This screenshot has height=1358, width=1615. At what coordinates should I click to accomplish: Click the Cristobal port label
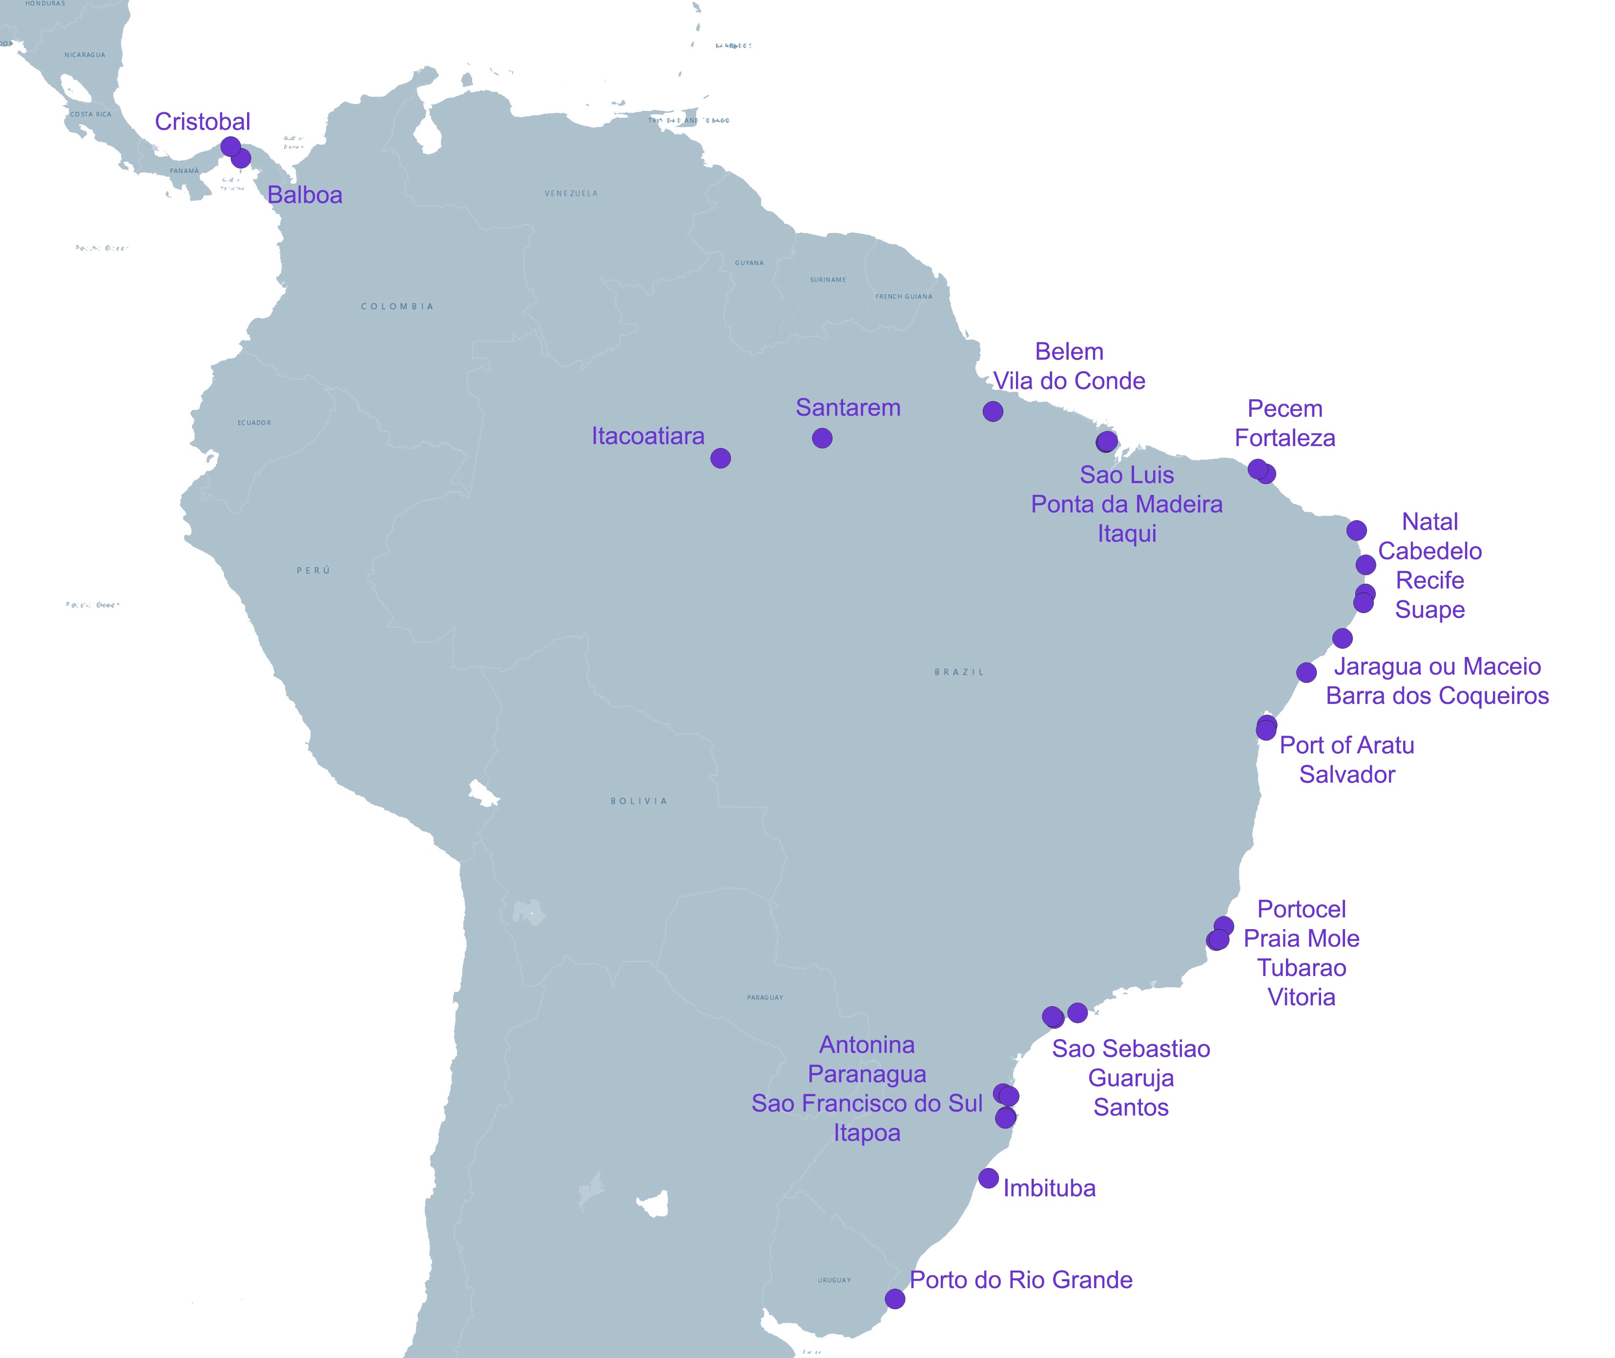click(202, 122)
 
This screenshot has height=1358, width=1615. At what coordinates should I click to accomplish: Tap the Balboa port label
click(305, 195)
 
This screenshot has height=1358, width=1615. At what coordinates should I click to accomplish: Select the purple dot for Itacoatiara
click(720, 459)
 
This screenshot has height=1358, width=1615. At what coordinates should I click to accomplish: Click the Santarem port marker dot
click(822, 439)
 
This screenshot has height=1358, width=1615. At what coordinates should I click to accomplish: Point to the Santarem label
click(848, 407)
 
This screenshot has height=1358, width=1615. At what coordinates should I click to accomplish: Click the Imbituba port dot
click(989, 1178)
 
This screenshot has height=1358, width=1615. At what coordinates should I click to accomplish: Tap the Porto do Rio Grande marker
click(895, 1299)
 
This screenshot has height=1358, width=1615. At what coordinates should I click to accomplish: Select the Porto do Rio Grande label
click(1021, 1279)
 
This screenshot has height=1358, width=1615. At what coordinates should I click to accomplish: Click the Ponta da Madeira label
click(1126, 504)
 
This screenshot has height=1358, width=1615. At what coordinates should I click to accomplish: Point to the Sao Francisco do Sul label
click(867, 1103)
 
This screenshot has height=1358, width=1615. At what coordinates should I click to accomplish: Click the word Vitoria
click(1301, 997)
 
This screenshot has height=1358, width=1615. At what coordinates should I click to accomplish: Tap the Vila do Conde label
click(1069, 381)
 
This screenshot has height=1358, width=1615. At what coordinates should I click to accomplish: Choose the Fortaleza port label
click(1285, 438)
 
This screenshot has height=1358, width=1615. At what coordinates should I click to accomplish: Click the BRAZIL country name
click(959, 672)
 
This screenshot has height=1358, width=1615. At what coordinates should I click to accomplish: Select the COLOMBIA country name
click(397, 306)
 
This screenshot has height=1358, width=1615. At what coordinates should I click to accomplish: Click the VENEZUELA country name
click(571, 193)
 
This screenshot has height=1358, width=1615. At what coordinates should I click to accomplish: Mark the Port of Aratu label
click(1346, 745)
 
